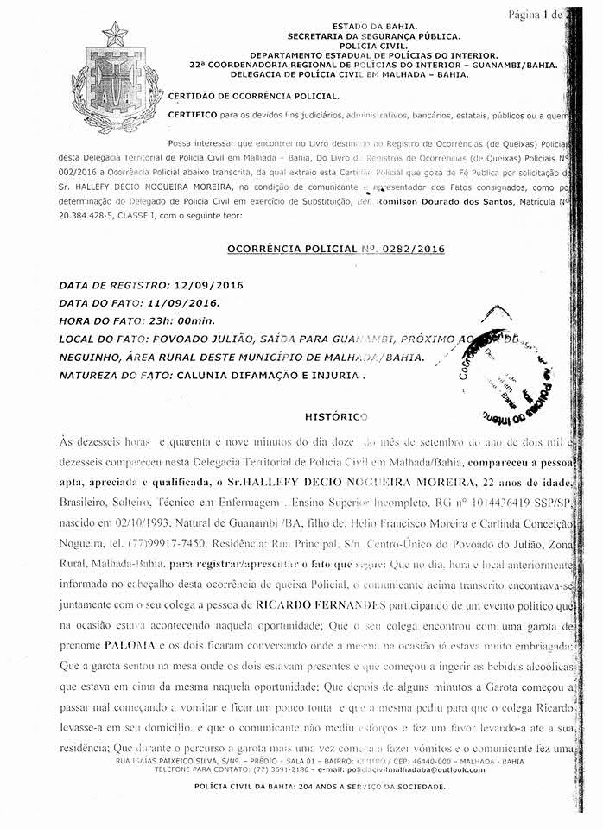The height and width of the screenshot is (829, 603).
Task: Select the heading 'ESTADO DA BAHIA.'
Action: (x=374, y=28)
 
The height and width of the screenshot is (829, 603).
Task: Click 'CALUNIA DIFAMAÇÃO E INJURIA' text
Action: (x=268, y=376)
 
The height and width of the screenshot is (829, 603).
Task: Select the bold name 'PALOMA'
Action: (x=130, y=644)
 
